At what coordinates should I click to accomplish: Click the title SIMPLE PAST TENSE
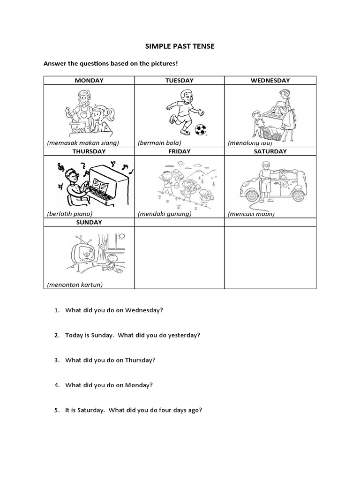pyautogui.click(x=180, y=46)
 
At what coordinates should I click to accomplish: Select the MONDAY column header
pyautogui.click(x=89, y=80)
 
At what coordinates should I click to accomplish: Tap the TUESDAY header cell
pyautogui.click(x=179, y=80)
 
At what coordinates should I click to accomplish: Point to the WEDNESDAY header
pyautogui.click(x=270, y=80)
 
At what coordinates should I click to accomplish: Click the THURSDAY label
pyautogui.click(x=89, y=151)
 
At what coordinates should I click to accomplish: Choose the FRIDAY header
pyautogui.click(x=179, y=151)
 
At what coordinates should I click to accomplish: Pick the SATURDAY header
pyautogui.click(x=270, y=151)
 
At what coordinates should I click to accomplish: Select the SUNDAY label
pyautogui.click(x=89, y=222)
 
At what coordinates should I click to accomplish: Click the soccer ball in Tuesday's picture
pyautogui.click(x=201, y=129)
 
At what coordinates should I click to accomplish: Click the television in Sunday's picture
pyautogui.click(x=85, y=254)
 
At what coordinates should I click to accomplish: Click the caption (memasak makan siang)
pyautogui.click(x=83, y=142)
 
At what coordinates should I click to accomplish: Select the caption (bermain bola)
pyautogui.click(x=159, y=142)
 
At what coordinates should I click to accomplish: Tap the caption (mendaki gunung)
pyautogui.click(x=165, y=214)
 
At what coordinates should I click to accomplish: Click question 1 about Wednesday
pyautogui.click(x=114, y=310)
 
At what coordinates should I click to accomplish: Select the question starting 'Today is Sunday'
pyautogui.click(x=133, y=335)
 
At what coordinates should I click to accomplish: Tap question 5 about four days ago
pyautogui.click(x=134, y=410)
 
